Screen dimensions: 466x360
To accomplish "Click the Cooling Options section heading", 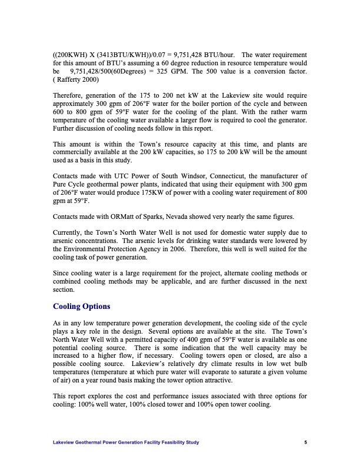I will point(81,307).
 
